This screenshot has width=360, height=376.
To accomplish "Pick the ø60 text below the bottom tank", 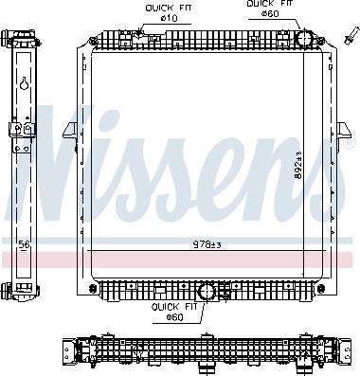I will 174,315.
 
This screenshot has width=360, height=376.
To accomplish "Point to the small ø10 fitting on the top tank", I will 140,35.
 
